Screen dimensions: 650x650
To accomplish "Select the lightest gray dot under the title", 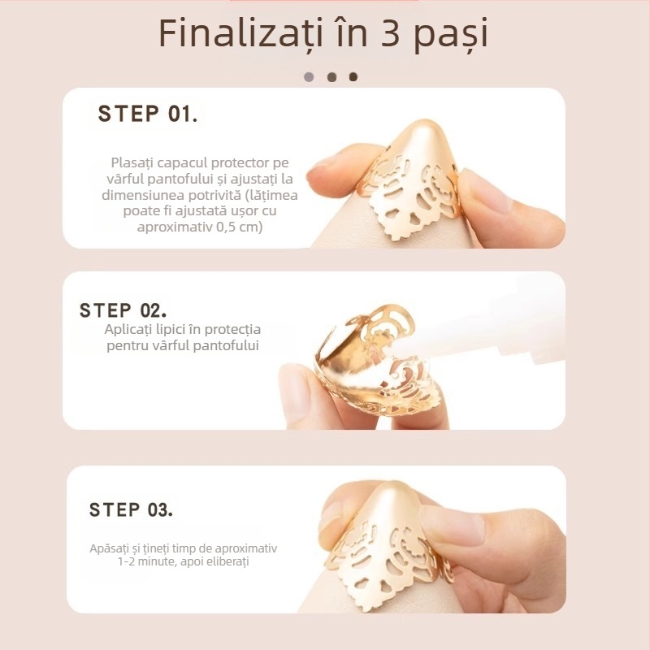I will point(309,77).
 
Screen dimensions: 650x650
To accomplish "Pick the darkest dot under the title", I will point(353,77).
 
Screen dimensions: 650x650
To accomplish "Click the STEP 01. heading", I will point(147,114).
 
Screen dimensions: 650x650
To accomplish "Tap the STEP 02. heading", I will point(123,310).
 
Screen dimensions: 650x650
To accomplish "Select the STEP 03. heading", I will point(131,510).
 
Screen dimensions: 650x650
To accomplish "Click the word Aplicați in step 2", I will point(129,329).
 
